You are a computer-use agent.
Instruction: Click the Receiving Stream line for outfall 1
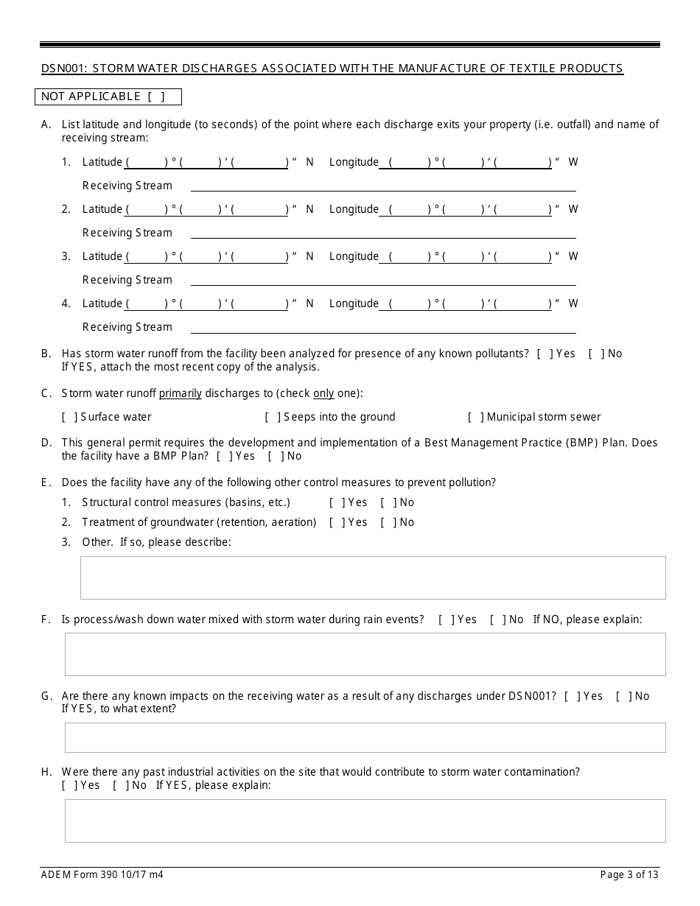(x=383, y=186)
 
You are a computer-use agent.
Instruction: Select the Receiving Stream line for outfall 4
(x=383, y=327)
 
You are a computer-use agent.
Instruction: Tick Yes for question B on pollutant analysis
(x=545, y=354)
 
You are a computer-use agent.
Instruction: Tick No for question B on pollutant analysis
(x=596, y=354)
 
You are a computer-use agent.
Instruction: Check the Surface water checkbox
(x=70, y=417)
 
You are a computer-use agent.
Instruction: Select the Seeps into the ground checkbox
(x=273, y=417)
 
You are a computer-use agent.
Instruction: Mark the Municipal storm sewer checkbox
(x=476, y=417)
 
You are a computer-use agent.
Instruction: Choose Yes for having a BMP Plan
(x=224, y=456)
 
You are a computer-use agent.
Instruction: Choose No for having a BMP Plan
(x=276, y=456)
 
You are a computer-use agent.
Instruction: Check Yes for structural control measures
(x=337, y=502)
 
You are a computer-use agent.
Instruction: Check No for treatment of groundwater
(x=388, y=522)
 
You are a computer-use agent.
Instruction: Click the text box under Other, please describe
(x=372, y=577)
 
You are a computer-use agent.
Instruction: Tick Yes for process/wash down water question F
(x=447, y=619)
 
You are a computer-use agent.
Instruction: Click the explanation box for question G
(x=365, y=737)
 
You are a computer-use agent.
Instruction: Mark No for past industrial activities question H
(x=121, y=785)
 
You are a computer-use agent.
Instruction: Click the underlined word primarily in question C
(x=181, y=393)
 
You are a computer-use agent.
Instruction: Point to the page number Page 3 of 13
(x=629, y=875)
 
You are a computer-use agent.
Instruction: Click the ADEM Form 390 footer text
(x=102, y=875)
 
